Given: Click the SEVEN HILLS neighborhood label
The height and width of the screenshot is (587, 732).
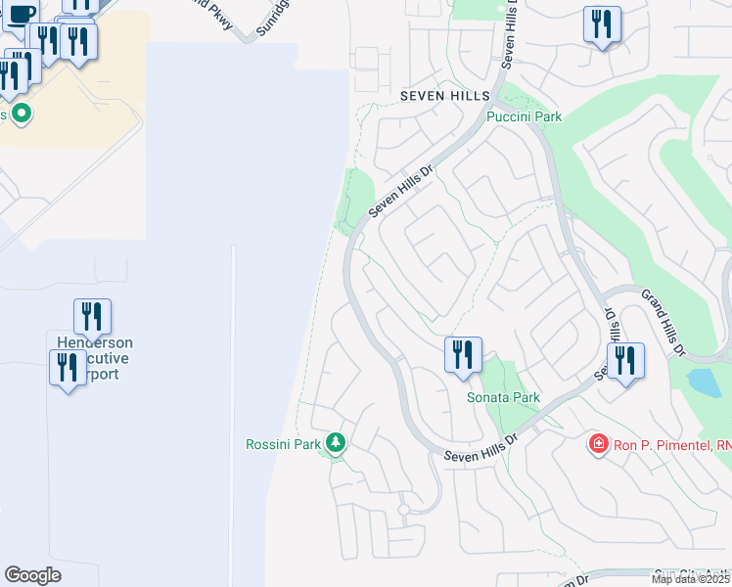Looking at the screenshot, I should click(444, 96).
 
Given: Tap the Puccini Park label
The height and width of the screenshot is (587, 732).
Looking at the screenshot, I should click(525, 116).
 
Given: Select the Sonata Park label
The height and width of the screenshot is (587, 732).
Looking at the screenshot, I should click(502, 398).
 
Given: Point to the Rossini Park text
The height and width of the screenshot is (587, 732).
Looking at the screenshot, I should click(283, 444).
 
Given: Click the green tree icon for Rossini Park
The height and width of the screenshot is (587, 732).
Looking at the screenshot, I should click(336, 444).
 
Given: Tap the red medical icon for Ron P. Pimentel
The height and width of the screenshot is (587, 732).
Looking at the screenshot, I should click(597, 445).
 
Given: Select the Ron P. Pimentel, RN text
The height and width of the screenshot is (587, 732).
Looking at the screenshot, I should click(672, 445).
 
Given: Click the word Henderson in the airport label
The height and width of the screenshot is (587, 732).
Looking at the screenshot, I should click(94, 343).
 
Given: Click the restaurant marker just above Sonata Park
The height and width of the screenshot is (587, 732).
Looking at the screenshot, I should click(463, 355).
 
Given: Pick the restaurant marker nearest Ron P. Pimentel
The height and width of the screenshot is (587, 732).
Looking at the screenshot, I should click(624, 361).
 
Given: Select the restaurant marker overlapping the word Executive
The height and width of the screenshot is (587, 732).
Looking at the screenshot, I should click(68, 369).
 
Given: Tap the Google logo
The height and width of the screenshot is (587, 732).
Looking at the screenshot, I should click(32, 575).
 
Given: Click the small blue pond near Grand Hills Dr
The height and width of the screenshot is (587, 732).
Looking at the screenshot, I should click(704, 382).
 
